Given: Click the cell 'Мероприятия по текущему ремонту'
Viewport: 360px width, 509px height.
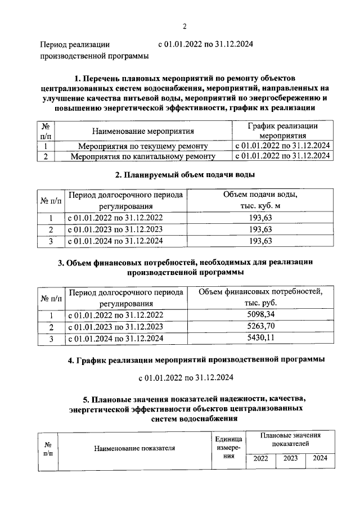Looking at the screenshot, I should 143,146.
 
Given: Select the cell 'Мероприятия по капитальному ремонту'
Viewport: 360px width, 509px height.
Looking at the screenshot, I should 143,157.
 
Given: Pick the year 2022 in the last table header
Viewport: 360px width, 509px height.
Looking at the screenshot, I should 260,458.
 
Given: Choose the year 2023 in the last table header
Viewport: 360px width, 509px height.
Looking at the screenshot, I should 290,458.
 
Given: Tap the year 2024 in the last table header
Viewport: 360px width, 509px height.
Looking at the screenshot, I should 320,458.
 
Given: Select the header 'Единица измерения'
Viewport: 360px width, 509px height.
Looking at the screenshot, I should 228,448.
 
